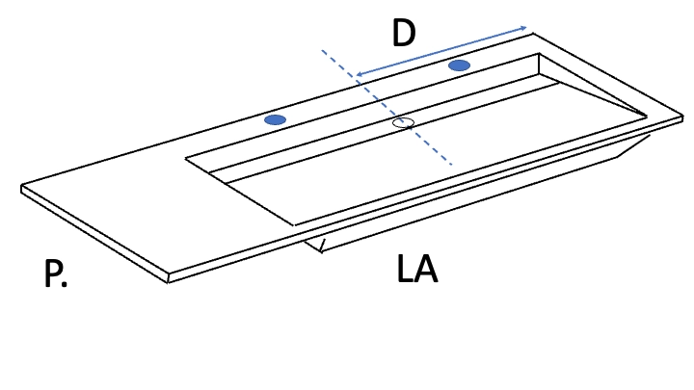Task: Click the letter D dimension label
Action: [x=404, y=33]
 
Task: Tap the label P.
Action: [x=56, y=273]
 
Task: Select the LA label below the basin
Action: [x=417, y=269]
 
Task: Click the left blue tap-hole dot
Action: [x=275, y=119]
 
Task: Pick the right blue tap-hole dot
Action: [x=460, y=65]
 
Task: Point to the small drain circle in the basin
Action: [x=403, y=123]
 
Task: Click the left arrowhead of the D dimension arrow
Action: [x=359, y=74]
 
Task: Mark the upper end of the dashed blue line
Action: [x=322, y=51]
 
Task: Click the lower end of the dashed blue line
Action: [x=451, y=165]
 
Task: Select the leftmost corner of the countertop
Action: [x=21, y=186]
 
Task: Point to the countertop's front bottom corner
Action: [x=168, y=282]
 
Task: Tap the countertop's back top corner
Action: [x=532, y=33]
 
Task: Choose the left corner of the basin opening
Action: [x=185, y=157]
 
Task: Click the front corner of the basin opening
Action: [x=293, y=224]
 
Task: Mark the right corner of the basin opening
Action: [x=647, y=117]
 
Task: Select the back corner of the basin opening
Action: [x=539, y=54]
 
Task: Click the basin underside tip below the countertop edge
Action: [x=322, y=252]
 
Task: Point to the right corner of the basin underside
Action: [x=650, y=136]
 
